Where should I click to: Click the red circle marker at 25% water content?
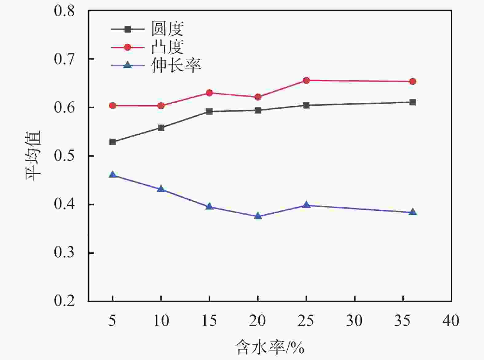[306, 81]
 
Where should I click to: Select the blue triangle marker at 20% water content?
[258, 216]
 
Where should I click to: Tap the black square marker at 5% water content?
[112, 142]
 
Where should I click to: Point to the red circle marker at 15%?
[209, 93]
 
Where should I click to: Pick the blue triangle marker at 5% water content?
[112, 175]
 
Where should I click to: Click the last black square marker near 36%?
[413, 102]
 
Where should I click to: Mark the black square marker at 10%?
[161, 128]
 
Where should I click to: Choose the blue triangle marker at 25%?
[306, 205]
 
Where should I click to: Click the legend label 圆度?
[167, 29]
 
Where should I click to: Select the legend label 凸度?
[167, 47]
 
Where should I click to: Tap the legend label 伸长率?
[176, 65]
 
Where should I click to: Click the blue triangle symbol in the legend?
[127, 65]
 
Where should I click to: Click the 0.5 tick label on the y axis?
[64, 156]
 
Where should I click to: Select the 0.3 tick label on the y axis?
[64, 253]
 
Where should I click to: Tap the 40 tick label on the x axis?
[451, 321]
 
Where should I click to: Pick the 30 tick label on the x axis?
[354, 321]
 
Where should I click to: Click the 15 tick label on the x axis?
[209, 321]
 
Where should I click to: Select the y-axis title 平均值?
[33, 156]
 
